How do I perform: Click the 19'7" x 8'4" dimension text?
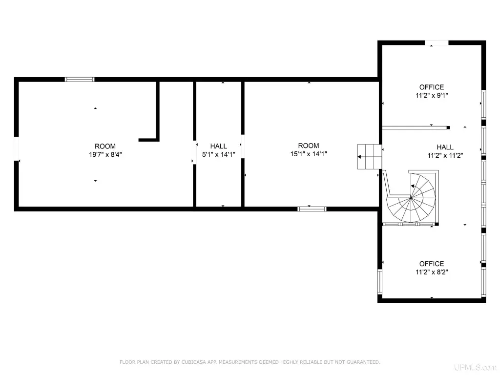click(x=105, y=155)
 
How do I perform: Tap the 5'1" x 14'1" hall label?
click(x=219, y=154)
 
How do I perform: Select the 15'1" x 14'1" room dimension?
click(x=309, y=154)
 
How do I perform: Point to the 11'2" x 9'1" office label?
click(x=432, y=95)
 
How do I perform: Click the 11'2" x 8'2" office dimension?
click(x=432, y=272)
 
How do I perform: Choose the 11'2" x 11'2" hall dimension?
click(x=445, y=155)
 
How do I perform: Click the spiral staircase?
click(x=411, y=197)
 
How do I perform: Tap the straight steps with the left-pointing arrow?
click(x=369, y=157)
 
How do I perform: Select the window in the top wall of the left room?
click(x=80, y=80)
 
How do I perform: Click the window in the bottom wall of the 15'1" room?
click(x=312, y=209)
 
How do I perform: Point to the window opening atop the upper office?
click(x=437, y=43)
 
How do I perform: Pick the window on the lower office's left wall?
click(x=380, y=282)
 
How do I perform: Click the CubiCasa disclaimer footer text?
click(x=250, y=362)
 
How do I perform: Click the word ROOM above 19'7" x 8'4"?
click(x=105, y=146)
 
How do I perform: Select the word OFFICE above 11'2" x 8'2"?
click(x=432, y=264)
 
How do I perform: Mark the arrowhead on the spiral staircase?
click(x=413, y=186)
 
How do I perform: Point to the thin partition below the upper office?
click(x=416, y=127)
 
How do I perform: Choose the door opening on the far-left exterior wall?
click(x=16, y=148)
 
